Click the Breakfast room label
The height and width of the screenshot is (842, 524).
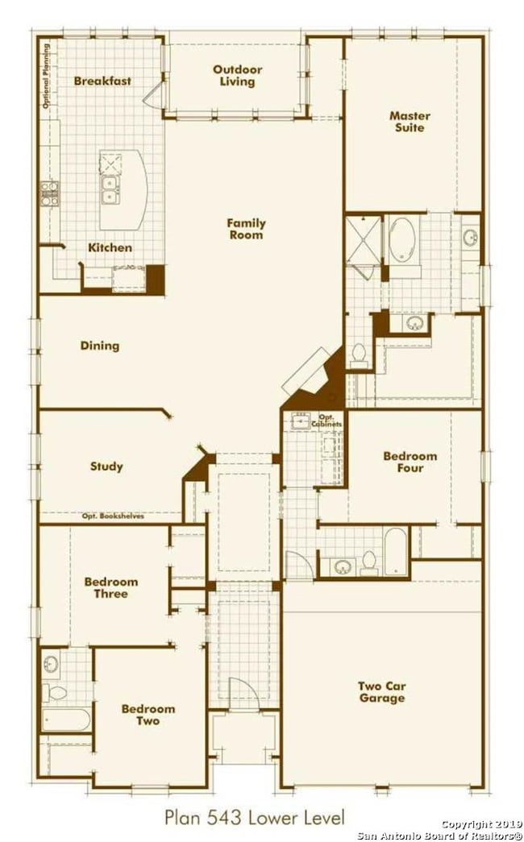102,81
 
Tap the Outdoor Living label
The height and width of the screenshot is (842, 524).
238,75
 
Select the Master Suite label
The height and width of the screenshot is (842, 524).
410,122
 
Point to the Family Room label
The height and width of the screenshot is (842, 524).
246,229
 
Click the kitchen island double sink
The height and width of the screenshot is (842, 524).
110,190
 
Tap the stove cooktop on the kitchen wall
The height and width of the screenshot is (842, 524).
50,193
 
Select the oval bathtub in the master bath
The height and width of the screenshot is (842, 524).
402,240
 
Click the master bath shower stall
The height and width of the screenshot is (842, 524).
364,241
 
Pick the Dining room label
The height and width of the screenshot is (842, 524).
100,346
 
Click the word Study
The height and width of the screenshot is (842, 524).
106,466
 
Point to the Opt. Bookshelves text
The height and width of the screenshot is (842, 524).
113,516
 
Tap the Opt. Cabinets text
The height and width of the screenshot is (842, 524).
327,421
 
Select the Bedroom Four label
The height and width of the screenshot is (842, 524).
410,462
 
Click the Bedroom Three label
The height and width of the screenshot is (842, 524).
111,587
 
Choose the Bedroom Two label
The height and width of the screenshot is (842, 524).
148,715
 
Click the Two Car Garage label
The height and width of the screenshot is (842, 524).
382,691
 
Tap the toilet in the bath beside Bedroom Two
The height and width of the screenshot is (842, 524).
54,692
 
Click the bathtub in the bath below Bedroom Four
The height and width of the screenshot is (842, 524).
397,551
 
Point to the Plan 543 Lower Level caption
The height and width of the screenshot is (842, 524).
255,818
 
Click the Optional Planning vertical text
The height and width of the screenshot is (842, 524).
46,76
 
